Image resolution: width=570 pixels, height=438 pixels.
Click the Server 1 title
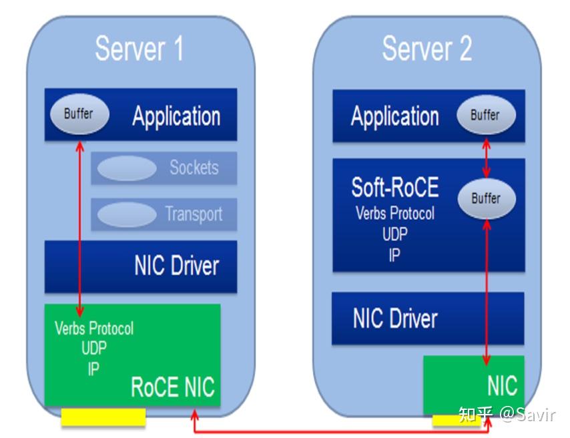(x=139, y=49)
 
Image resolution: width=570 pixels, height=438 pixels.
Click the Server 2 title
(x=427, y=49)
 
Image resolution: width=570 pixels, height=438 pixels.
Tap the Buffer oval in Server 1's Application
(x=79, y=114)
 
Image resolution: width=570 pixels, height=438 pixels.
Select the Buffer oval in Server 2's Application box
(x=486, y=115)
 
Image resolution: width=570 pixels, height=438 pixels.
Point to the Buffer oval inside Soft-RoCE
(x=487, y=198)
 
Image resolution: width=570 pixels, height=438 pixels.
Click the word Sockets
(x=194, y=168)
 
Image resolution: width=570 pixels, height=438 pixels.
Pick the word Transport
(x=194, y=214)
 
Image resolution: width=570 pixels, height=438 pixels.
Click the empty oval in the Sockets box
(x=127, y=168)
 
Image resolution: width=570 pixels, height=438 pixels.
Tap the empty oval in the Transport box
(x=127, y=214)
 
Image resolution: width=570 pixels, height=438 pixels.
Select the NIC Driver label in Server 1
(x=177, y=266)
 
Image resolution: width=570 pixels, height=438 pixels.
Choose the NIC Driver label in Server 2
(x=395, y=318)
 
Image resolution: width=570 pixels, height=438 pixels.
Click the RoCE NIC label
(x=173, y=387)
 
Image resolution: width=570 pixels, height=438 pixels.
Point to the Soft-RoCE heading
(x=395, y=188)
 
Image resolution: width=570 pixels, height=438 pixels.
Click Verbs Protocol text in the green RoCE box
(x=94, y=328)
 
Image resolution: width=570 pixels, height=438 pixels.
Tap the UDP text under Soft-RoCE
(x=394, y=234)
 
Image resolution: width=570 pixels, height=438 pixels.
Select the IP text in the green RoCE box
(x=93, y=369)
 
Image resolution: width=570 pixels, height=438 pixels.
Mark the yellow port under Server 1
(x=103, y=417)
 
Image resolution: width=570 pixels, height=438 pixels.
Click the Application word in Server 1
(x=176, y=116)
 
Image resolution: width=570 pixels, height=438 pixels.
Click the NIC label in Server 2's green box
(x=503, y=386)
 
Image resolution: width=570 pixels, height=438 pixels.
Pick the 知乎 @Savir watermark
(x=507, y=415)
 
